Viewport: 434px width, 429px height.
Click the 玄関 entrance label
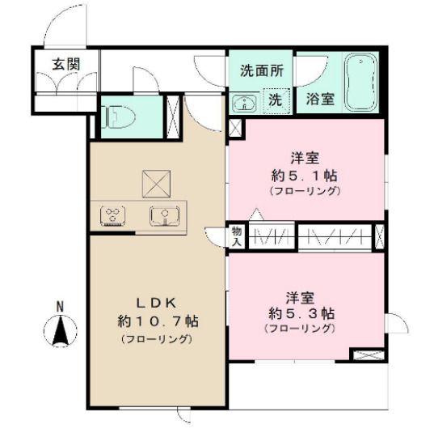point(65,64)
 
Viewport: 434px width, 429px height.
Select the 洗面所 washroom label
point(261,70)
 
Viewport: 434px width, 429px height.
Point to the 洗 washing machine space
point(275,100)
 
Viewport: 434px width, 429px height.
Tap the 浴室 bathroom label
point(321,100)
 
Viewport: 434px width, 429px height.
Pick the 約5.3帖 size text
point(299,312)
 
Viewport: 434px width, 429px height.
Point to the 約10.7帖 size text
point(156,321)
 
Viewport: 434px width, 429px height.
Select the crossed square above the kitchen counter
point(154,183)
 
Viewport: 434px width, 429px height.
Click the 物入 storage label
point(237,235)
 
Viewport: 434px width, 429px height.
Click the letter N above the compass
point(61,305)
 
